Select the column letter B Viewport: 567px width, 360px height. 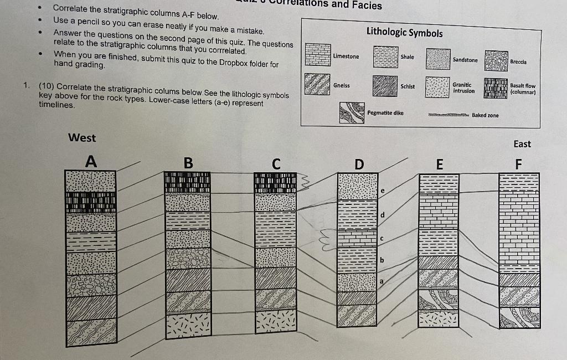pos(188,163)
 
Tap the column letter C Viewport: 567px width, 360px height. pos(276,164)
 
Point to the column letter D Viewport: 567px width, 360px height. pos(359,164)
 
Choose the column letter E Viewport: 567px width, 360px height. pos(440,164)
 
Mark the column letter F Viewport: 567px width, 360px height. pos(518,164)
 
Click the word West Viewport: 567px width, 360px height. pos(82,138)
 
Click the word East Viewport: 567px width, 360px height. pos(522,144)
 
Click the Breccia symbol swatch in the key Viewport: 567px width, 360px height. pos(496,60)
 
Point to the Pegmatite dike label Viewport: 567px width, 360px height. pos(385,113)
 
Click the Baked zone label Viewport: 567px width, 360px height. pos(485,115)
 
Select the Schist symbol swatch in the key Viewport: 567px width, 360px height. pos(384,86)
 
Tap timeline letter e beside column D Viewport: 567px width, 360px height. pos(382,191)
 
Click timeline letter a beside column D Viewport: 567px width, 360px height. pos(381,281)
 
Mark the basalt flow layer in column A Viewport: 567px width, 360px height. pos(90,202)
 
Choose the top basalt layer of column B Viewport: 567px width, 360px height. pos(188,182)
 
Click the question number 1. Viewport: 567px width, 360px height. pos(26,86)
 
